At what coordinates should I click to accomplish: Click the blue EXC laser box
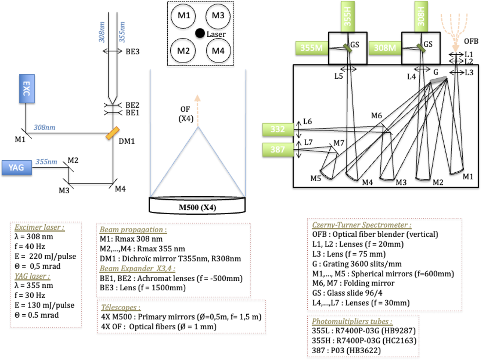[x=27, y=88]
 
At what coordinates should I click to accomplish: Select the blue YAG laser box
[x=16, y=168]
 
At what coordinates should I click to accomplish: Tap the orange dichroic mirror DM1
[x=112, y=133]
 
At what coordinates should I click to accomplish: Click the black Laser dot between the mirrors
[x=200, y=33]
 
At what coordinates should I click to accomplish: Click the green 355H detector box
[x=348, y=16]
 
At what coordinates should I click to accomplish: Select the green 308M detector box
[x=385, y=48]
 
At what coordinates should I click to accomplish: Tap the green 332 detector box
[x=278, y=129]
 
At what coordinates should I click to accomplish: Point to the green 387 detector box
[x=278, y=149]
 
